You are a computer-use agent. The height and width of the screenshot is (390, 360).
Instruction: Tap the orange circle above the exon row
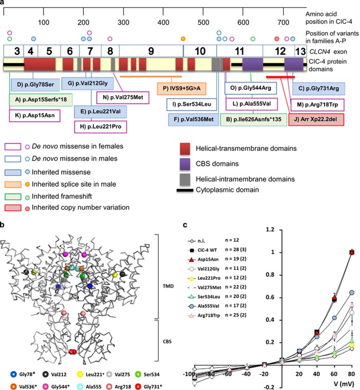coord(183,38)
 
